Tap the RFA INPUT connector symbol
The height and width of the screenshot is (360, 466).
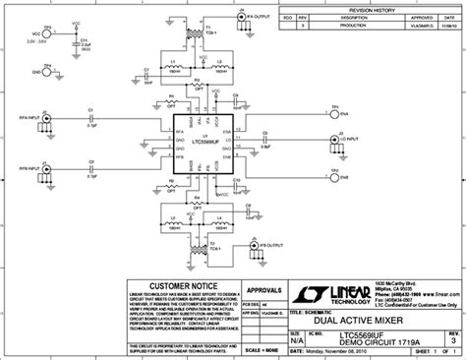(45, 118)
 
